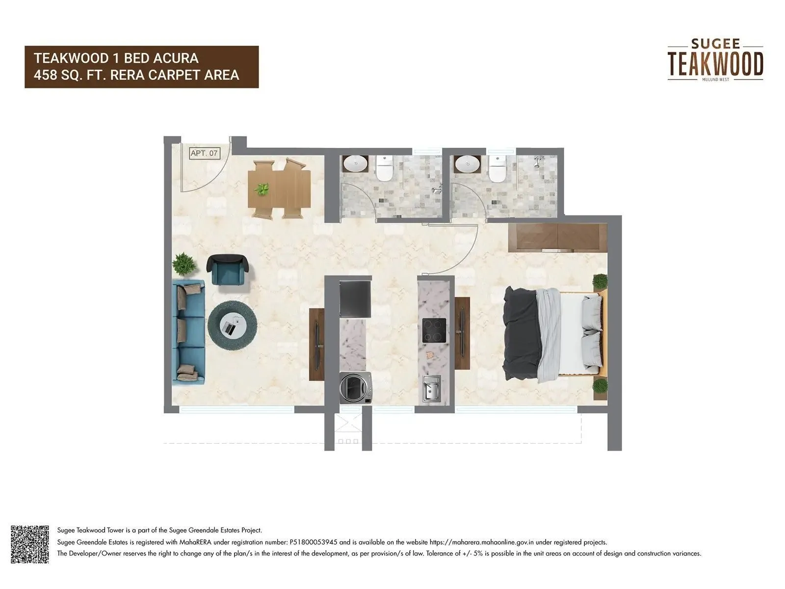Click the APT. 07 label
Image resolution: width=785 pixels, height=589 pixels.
click(204, 153)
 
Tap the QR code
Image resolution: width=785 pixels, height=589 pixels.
click(30, 544)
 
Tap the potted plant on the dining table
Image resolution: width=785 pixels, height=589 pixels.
click(263, 188)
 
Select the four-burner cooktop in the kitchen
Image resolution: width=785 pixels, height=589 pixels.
click(434, 330)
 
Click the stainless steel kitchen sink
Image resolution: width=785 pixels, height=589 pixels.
click(432, 389)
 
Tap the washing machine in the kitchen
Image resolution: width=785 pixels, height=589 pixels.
click(356, 387)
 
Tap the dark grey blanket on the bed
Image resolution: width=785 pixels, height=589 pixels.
click(521, 334)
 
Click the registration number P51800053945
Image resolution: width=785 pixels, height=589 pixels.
click(312, 542)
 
